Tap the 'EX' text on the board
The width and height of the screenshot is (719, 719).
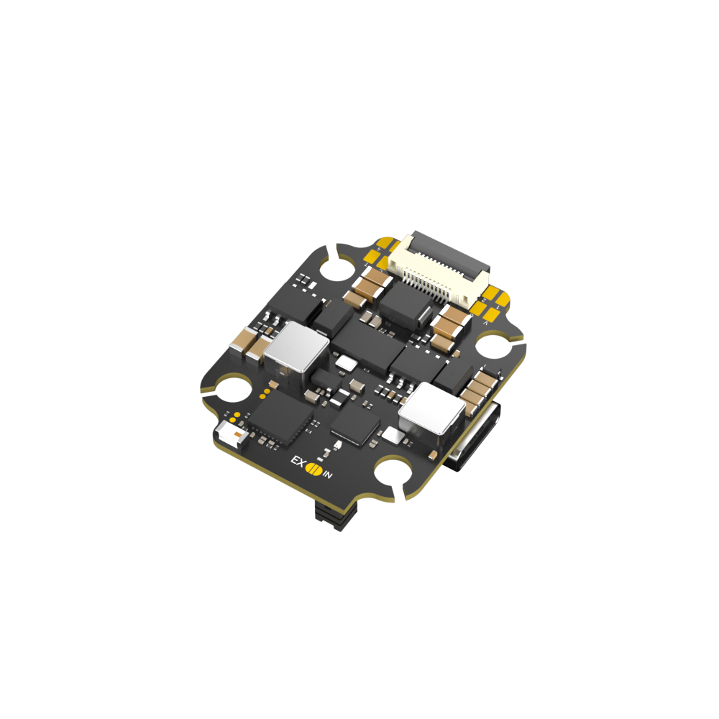(296, 462)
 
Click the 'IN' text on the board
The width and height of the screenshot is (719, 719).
(328, 475)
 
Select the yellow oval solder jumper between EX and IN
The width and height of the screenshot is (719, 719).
(313, 469)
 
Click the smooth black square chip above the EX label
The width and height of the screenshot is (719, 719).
(355, 424)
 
